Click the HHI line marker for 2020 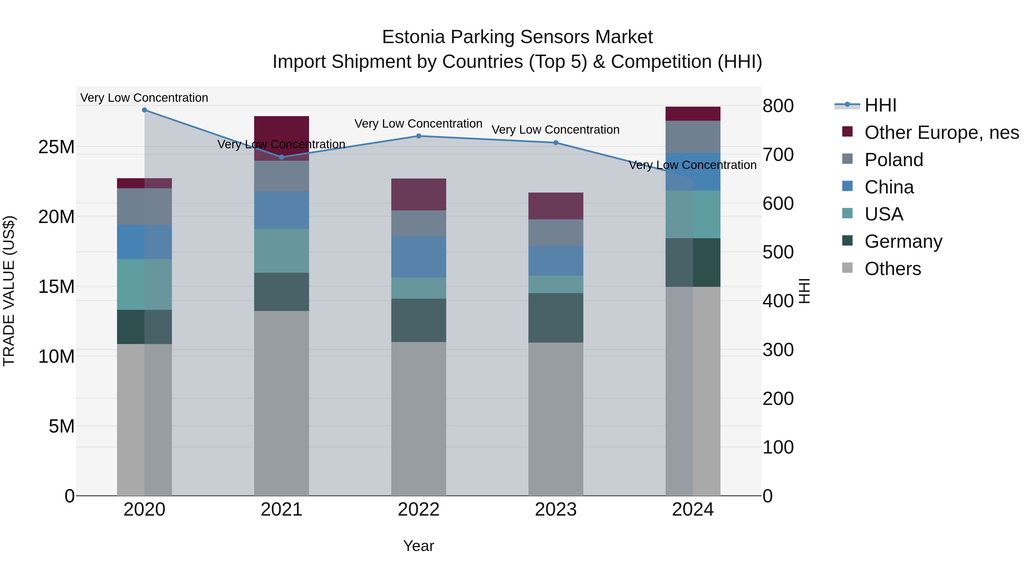coord(144,110)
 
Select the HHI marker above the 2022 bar coord(419,136)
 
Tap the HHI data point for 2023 coord(556,143)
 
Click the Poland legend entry coord(894,160)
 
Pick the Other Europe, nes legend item coord(941,132)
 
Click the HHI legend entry coord(880,105)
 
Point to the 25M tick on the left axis coord(56,147)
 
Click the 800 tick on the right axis coord(778,106)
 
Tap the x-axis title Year coord(419,546)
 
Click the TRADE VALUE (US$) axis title coord(9,291)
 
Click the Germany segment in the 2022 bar coord(419,320)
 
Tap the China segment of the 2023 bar coord(556,261)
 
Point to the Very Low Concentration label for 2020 coord(144,98)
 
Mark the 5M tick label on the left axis coord(62,426)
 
